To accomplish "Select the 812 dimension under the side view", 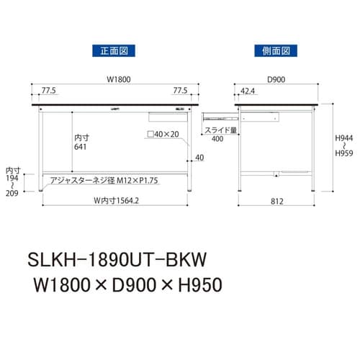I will [x=276, y=201].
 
